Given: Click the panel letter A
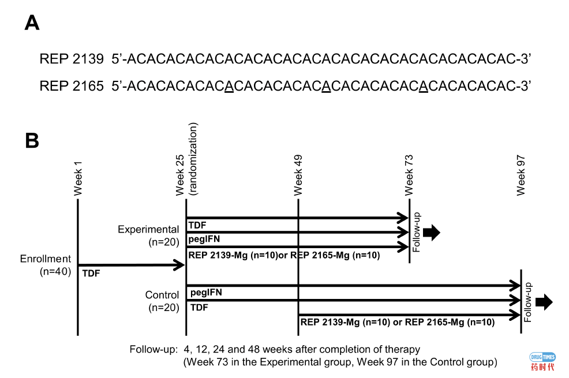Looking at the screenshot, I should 32,23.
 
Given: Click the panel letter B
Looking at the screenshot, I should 32,140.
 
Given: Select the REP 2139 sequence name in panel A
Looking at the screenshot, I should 72,59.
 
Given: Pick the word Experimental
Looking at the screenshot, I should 149,229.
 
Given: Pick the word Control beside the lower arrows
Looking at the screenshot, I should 162,295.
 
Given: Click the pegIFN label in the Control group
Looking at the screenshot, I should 206,293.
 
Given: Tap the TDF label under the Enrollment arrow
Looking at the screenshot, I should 91,274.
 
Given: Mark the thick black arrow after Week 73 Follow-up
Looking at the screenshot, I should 431,233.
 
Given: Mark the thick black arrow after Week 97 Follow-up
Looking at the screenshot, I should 544,302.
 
